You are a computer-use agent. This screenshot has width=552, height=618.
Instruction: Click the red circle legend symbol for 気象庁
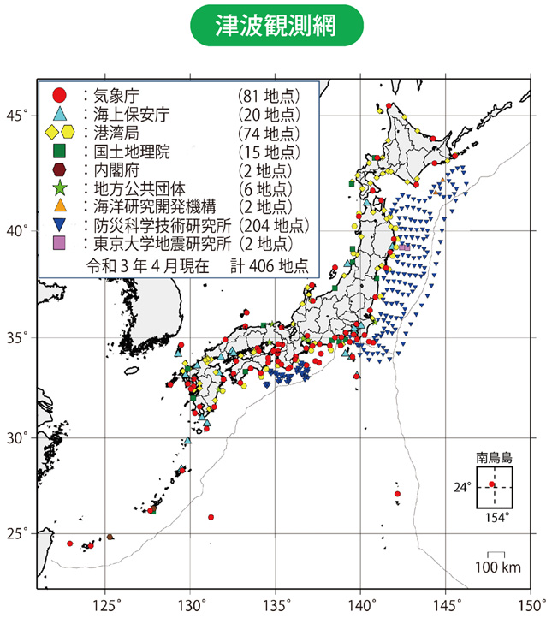point(58,94)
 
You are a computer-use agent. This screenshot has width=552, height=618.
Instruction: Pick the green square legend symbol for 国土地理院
point(58,152)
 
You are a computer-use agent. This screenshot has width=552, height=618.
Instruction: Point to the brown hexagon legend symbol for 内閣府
point(58,170)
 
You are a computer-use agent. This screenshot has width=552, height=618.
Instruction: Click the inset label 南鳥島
point(493,457)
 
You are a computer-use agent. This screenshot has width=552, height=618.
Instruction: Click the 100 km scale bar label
point(498,568)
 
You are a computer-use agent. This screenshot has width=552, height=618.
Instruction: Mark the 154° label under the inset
point(496,517)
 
